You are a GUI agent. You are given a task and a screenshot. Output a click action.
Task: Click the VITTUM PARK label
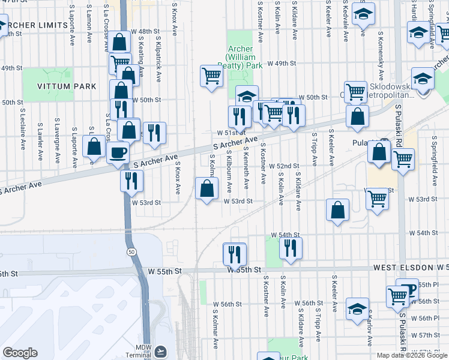pos(67,86)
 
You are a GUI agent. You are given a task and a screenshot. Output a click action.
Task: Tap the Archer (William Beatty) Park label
pos(244,56)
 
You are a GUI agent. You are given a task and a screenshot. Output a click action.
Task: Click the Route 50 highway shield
pos(131,252)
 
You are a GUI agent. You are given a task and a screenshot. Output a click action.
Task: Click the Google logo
pos(20,353)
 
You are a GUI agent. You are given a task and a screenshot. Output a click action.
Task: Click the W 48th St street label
pos(147,31)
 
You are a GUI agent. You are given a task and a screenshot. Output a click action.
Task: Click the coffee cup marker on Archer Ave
pos(118,152)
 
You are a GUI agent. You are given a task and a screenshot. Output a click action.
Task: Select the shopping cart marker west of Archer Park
pos(211,76)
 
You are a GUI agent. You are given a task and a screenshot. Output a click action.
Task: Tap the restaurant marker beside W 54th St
pos(291,247)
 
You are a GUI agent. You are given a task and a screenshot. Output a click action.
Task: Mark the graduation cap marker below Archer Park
pos(247,96)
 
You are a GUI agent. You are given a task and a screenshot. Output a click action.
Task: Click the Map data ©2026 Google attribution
pos(411,355)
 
